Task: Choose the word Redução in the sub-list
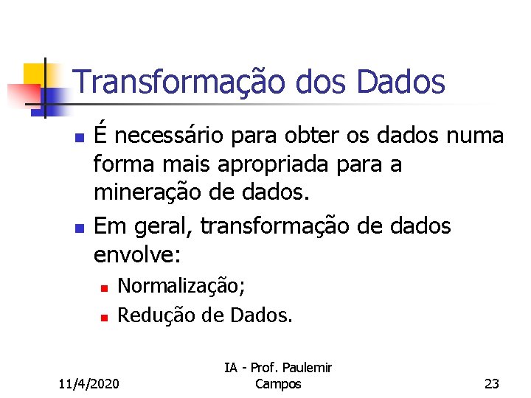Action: point(150,316)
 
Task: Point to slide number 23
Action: point(491,383)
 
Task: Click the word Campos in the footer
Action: point(277,383)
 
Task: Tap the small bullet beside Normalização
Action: point(105,287)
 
